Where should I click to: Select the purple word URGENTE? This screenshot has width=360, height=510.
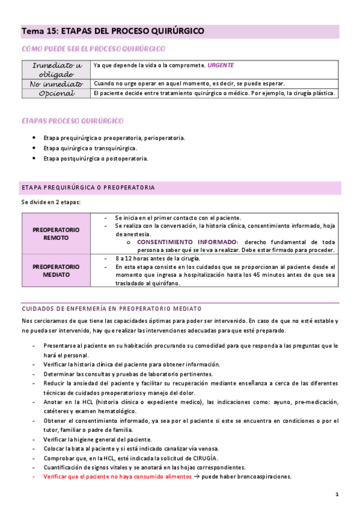221,64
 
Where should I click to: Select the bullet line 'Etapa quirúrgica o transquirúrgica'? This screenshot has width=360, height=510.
90,148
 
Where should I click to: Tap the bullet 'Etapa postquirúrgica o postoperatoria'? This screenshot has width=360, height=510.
96,159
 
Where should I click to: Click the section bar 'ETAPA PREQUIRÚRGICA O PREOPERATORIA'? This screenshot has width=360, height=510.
88,188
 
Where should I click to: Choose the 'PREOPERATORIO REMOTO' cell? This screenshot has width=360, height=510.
55,233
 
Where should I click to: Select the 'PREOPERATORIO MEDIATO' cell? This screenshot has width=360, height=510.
55,270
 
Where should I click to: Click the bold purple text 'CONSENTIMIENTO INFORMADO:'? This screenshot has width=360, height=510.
188,242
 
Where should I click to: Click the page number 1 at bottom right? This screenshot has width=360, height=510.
337,494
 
